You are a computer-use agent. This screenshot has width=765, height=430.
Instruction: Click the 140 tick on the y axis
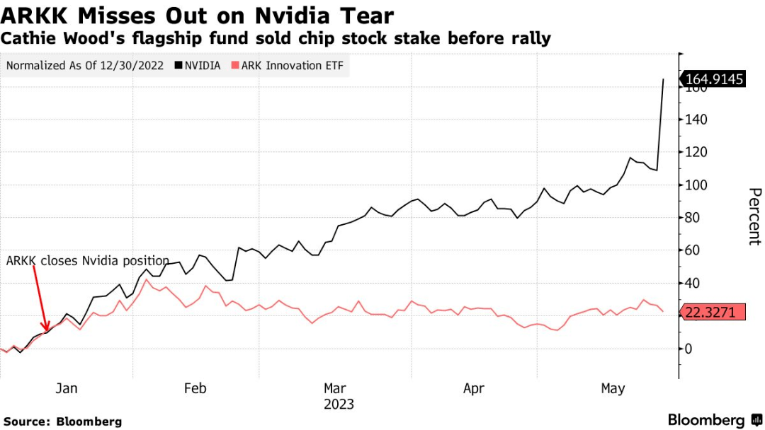coord(696,120)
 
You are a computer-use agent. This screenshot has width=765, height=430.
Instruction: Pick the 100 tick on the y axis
coord(696,185)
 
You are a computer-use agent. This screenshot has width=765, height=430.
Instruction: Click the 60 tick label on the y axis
coord(693,250)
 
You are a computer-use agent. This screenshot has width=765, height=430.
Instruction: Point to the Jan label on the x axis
coord(66,388)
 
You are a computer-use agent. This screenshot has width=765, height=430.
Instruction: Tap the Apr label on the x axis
coord(474,388)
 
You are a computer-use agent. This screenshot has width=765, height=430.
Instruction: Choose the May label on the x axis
coord(613,388)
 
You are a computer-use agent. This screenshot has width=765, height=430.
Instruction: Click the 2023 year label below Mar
coord(338,405)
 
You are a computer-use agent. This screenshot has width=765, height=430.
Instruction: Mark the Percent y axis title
coord(754,216)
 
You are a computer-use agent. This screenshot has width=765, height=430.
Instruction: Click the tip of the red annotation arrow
coord(46,331)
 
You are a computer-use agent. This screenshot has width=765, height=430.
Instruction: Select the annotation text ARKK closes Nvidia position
coord(88,260)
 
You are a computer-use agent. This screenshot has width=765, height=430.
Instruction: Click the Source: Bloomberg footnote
coord(62,422)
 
